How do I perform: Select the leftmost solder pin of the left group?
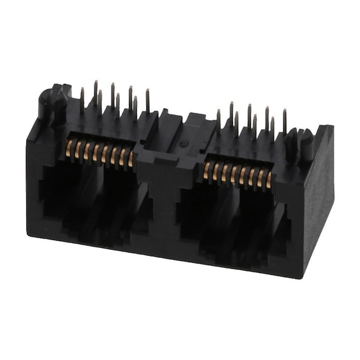point(82,100)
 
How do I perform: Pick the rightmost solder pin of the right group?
point(284,121)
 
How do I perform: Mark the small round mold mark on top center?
point(184,143)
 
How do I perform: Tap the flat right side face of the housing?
point(318,198)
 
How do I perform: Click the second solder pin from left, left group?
point(95,93)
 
